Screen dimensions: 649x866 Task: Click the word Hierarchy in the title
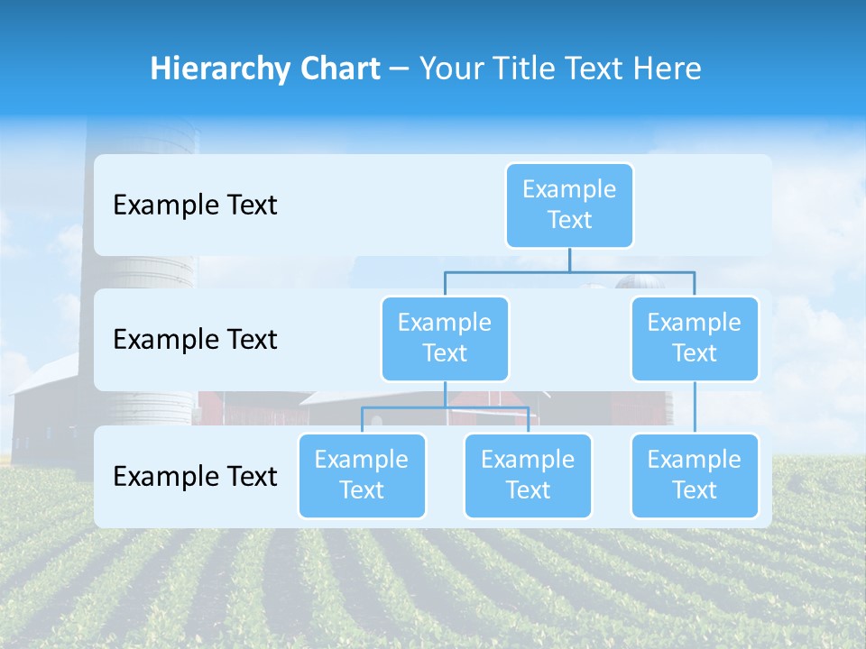[221, 69]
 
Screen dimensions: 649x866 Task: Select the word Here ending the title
[668, 69]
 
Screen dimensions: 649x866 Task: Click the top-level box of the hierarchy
[569, 205]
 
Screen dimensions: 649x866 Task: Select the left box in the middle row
[445, 338]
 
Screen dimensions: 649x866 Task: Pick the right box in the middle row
[695, 338]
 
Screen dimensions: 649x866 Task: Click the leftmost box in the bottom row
[362, 475]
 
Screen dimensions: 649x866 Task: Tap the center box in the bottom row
[528, 475]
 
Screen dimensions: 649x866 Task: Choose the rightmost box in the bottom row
[695, 475]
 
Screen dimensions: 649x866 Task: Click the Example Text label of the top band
[195, 206]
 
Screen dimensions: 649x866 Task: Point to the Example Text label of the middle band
[195, 340]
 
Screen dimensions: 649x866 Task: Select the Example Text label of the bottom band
[195, 476]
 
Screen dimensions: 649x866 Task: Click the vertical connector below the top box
[569, 260]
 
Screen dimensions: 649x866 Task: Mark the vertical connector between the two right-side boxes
[695, 407]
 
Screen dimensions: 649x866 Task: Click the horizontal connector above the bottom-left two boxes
[406, 407]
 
